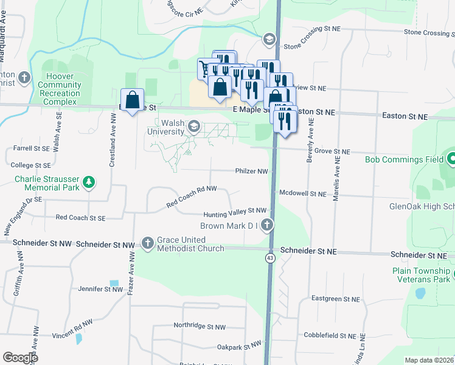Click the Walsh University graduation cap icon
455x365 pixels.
pyautogui.click(x=195, y=127)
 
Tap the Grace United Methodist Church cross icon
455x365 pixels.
pyautogui.click(x=148, y=243)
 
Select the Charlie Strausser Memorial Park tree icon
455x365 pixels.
pyautogui.click(x=89, y=182)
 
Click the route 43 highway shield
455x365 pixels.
pyautogui.click(x=269, y=258)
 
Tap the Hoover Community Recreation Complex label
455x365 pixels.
pyautogui.click(x=59, y=89)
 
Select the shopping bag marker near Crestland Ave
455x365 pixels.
pyautogui.click(x=133, y=100)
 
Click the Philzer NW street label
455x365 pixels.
pyautogui.click(x=251, y=172)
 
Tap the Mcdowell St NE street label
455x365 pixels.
pyautogui.click(x=303, y=193)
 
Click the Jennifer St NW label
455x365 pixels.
pyautogui.click(x=100, y=290)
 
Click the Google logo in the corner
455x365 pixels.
pyautogui.click(x=20, y=358)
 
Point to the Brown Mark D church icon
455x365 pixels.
pyautogui.click(x=266, y=226)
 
